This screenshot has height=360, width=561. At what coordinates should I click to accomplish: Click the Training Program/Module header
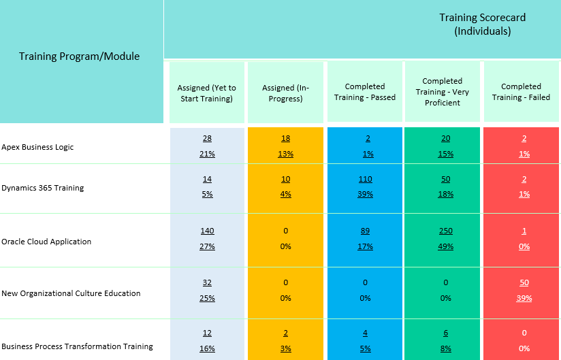[x=79, y=56]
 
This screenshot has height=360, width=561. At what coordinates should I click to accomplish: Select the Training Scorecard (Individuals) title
[x=482, y=24]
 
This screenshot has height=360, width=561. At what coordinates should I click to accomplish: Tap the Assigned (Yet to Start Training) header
[x=206, y=93]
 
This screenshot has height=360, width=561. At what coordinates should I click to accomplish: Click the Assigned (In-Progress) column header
[x=285, y=93]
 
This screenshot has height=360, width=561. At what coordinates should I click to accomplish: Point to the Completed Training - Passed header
[x=365, y=92]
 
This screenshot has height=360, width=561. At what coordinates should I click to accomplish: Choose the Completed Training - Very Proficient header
[x=443, y=92]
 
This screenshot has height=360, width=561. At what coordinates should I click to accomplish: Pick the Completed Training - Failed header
[x=521, y=92]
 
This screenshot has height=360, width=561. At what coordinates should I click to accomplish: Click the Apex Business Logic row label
[x=37, y=147]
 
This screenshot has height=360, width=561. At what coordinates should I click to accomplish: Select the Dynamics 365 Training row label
[x=42, y=188]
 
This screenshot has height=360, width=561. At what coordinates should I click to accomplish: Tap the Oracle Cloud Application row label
[x=46, y=242]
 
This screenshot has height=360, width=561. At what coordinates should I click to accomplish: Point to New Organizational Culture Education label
[x=71, y=293]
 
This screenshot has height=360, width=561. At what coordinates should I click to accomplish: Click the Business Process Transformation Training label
[x=77, y=346]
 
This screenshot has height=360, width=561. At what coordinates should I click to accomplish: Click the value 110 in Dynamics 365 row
[x=365, y=179]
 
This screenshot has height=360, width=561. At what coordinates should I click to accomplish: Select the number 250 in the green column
[x=446, y=231]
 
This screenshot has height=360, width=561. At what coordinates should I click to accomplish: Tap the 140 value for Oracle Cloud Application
[x=207, y=231]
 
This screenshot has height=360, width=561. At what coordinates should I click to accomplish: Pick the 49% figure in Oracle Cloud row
[x=446, y=246]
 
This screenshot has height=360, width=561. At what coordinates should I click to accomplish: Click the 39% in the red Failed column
[x=524, y=298]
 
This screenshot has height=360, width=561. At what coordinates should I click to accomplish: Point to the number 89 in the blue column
[x=365, y=231]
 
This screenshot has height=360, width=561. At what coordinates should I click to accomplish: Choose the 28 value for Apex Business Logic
[x=207, y=139]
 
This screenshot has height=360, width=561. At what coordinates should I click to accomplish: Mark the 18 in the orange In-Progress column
[x=285, y=139]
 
